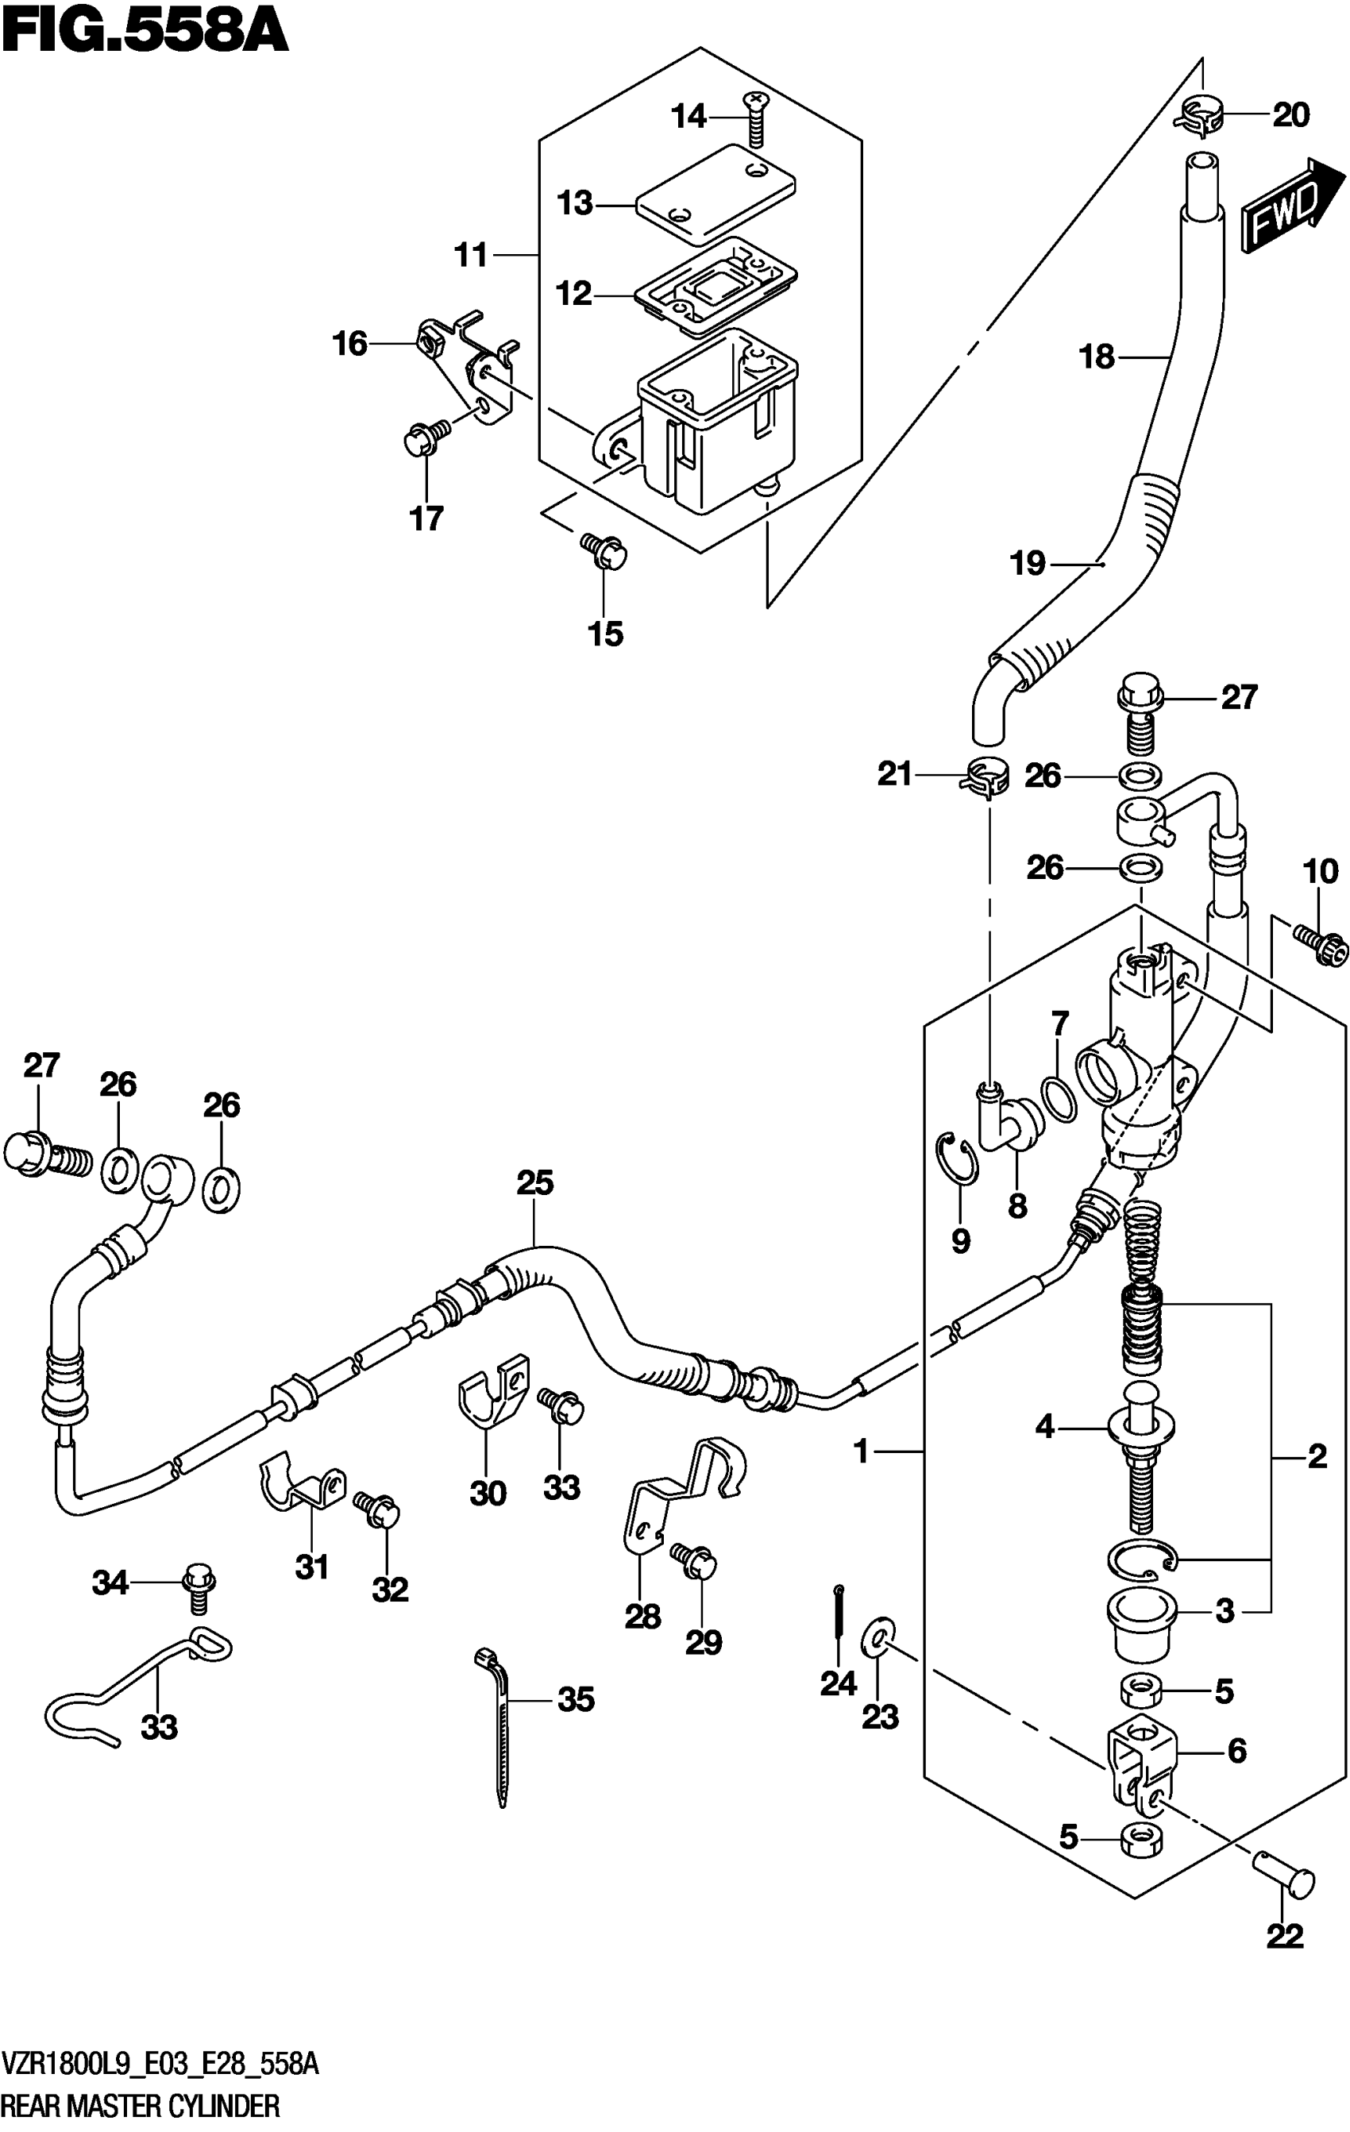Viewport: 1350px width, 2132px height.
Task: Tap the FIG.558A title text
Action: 146,33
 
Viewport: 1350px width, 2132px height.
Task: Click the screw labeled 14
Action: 755,118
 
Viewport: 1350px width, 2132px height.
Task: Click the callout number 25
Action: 534,1183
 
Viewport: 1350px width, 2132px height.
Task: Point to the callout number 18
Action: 1097,357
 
